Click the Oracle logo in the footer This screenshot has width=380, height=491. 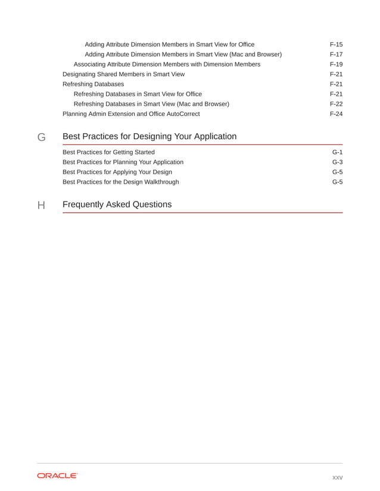[x=57, y=476]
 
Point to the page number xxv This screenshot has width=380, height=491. [x=337, y=477]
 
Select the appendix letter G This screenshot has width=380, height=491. [x=42, y=137]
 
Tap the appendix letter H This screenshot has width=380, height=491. [x=42, y=205]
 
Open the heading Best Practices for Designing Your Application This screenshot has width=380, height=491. [x=149, y=137]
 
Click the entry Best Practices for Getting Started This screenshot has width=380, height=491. [x=108, y=152]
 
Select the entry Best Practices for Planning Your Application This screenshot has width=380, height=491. [x=123, y=162]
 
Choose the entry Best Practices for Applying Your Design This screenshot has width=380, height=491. [x=117, y=172]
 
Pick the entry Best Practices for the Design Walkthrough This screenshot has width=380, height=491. [x=120, y=182]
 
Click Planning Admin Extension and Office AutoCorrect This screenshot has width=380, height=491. [x=131, y=114]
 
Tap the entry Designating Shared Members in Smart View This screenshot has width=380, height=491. [x=123, y=74]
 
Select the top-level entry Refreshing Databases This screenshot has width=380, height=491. [x=94, y=84]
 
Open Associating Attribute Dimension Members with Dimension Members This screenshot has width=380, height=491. [x=167, y=64]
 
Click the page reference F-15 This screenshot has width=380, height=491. [x=336, y=45]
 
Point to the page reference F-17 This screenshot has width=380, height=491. [x=336, y=55]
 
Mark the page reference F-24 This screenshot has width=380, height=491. [x=336, y=114]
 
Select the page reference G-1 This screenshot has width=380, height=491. [x=337, y=152]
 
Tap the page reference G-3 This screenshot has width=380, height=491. [x=337, y=162]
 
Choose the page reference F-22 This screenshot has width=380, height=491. [x=336, y=104]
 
